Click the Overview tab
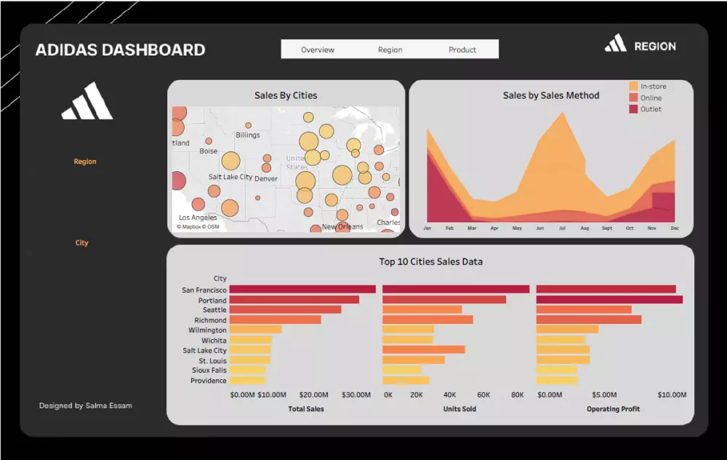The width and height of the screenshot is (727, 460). click(x=318, y=49)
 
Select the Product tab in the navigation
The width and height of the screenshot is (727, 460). click(x=462, y=49)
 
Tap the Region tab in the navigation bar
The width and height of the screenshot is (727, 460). click(x=390, y=49)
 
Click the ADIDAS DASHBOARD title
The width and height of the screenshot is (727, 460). click(x=120, y=50)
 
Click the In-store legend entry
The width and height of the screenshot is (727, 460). click(x=652, y=86)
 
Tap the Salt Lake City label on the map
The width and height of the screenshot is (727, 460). click(x=230, y=177)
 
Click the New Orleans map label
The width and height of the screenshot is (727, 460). click(x=342, y=227)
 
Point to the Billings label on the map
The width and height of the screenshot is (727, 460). click(x=247, y=135)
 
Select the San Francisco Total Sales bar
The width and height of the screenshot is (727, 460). click(x=302, y=290)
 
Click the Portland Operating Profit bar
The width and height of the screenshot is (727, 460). click(x=609, y=300)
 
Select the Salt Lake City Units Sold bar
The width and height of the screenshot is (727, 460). click(x=423, y=350)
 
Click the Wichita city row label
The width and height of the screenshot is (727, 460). click(x=214, y=341)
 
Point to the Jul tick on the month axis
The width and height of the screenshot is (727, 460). click(x=562, y=228)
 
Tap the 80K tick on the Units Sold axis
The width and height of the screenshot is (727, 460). click(x=517, y=395)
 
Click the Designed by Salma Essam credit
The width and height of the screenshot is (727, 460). click(x=86, y=405)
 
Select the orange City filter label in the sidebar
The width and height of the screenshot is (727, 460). click(x=81, y=243)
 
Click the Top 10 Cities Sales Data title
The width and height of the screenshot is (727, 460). click(x=430, y=261)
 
